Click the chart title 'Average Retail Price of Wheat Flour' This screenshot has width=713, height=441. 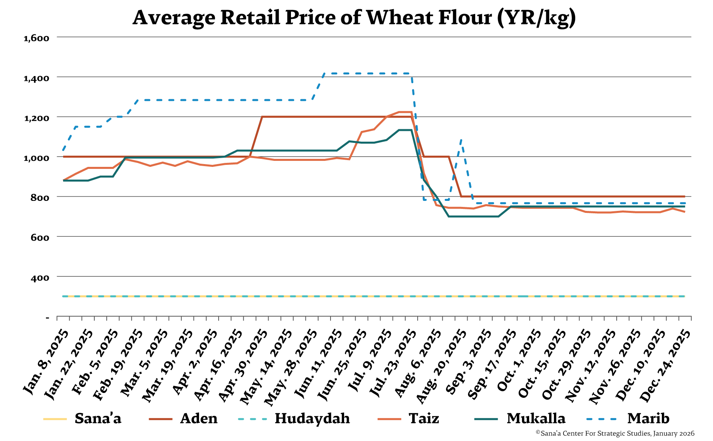pos(354,18)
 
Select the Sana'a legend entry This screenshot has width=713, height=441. pos(98,419)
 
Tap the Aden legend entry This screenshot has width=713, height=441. pos(199,419)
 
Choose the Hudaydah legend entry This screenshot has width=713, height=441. pos(312,419)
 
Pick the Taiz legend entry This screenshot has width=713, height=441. pos(424,419)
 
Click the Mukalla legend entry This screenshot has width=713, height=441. pos(536,419)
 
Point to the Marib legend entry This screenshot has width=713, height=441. pos(648,419)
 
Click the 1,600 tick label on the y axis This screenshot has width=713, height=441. pos(36,38)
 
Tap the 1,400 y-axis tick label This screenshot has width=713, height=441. pos(36,78)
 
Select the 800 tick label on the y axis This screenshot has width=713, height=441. pos(40,198)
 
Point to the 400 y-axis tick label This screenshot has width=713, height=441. pos(40,278)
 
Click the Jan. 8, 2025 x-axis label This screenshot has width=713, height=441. pos(45,362)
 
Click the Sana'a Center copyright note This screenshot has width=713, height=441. pos(615,433)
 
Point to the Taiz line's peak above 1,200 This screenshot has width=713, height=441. pos(405,112)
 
